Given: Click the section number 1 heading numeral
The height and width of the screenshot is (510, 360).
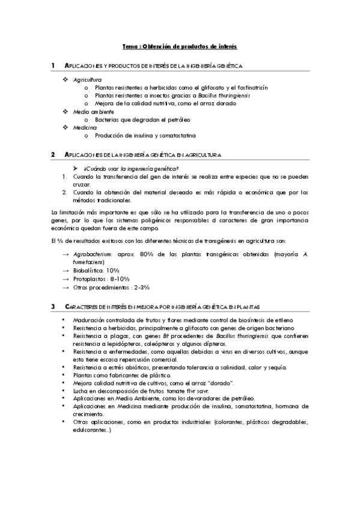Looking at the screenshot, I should click(53, 64).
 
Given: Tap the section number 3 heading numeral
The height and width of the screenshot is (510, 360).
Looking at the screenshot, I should click(53, 307).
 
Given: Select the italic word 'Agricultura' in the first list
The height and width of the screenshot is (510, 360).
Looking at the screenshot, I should click(88, 79).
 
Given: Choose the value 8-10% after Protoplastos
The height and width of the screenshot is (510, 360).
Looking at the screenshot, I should click(115, 279).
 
